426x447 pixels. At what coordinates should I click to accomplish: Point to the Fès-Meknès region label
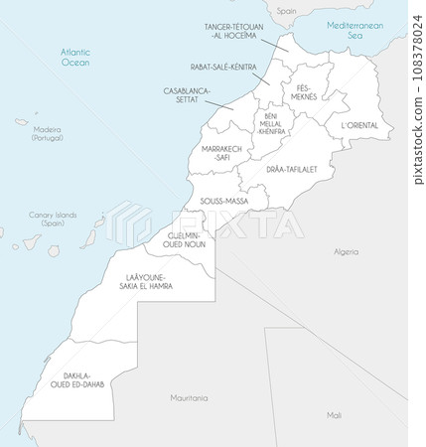(304, 92)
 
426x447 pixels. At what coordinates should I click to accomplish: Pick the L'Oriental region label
(358, 126)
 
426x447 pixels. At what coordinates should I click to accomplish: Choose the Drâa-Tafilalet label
(291, 170)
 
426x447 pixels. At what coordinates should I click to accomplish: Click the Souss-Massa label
(223, 201)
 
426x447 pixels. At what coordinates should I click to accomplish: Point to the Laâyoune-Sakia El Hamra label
(146, 280)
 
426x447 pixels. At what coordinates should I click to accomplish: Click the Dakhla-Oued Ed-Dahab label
(83, 380)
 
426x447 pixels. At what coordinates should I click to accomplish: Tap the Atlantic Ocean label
(74, 56)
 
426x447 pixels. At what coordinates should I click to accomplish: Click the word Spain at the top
(286, 10)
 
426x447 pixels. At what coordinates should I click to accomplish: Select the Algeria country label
(346, 251)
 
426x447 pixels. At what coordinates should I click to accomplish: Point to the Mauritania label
(189, 397)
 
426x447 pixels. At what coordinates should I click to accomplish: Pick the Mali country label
(334, 414)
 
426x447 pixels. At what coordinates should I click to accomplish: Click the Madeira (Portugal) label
(46, 133)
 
